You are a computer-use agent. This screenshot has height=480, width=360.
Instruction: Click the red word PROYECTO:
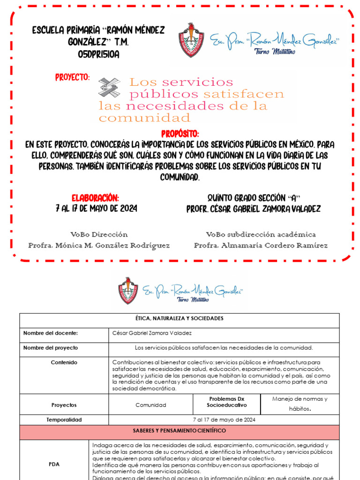(73, 77)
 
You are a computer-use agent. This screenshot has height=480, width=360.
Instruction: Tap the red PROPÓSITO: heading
(180, 134)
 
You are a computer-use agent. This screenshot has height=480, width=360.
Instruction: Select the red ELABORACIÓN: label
(95, 197)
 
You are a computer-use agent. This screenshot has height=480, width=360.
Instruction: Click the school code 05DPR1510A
(98, 54)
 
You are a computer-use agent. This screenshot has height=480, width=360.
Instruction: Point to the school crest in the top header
(191, 40)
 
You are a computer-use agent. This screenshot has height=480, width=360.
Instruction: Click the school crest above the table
(128, 291)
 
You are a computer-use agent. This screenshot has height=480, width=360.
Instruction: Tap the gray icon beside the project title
(109, 88)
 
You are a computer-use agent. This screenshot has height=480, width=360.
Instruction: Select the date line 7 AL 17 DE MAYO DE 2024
(96, 208)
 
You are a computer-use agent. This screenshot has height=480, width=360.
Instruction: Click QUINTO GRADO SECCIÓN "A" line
(253, 197)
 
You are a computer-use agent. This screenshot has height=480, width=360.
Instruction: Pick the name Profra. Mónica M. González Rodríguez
(99, 246)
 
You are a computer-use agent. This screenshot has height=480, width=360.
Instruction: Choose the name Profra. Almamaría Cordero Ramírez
(261, 246)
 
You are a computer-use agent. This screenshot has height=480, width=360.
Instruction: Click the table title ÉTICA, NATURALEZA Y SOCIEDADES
(179, 319)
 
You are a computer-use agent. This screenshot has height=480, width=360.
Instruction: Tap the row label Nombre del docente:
(51, 333)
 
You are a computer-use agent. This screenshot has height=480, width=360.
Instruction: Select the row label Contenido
(64, 362)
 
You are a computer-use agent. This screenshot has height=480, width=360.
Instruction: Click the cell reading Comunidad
(150, 405)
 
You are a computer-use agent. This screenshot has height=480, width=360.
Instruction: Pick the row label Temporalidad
(64, 420)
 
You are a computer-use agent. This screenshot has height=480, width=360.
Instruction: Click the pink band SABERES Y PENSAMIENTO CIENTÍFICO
(179, 430)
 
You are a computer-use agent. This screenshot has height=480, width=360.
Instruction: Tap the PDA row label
(54, 465)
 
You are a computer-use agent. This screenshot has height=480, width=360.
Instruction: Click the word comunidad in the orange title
(144, 118)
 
